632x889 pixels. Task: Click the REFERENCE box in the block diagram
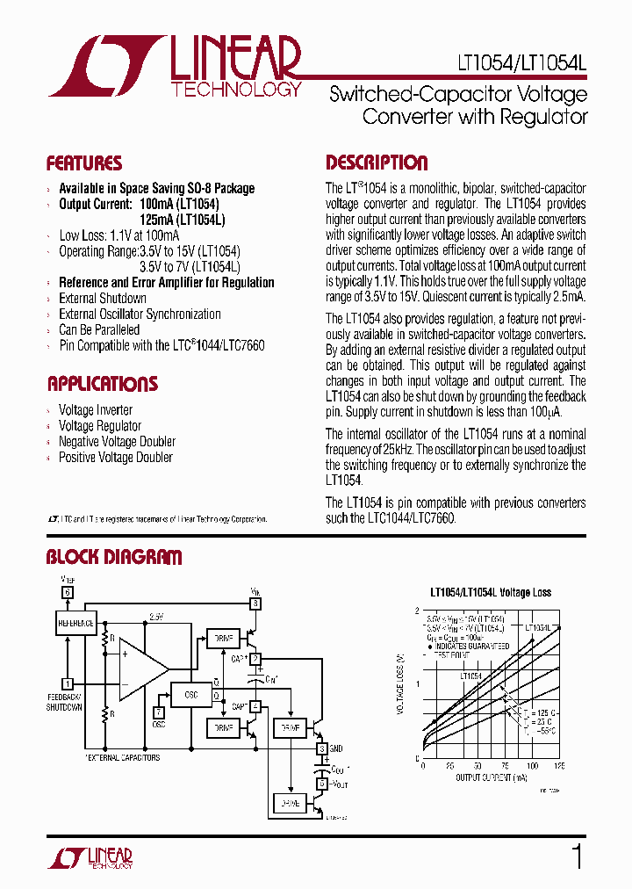pyautogui.click(x=75, y=623)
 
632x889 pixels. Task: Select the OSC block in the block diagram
pyautogui.click(x=191, y=694)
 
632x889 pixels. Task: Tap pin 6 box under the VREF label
pyautogui.click(x=67, y=592)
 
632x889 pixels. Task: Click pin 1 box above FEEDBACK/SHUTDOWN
pyautogui.click(x=67, y=683)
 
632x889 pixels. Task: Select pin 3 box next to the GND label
pyautogui.click(x=322, y=748)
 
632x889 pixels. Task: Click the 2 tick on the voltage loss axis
pyautogui.click(x=416, y=610)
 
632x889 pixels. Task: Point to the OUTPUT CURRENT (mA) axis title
pyautogui.click(x=492, y=777)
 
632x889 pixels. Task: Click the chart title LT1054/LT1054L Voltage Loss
pyautogui.click(x=491, y=592)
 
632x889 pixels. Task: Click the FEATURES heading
pyautogui.click(x=84, y=163)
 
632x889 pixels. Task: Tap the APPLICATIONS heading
pyautogui.click(x=102, y=384)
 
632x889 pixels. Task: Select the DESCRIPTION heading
pyautogui.click(x=377, y=163)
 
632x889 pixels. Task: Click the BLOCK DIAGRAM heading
pyautogui.click(x=114, y=557)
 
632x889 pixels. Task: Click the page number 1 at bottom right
pyautogui.click(x=577, y=856)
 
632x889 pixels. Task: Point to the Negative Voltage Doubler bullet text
pyautogui.click(x=117, y=442)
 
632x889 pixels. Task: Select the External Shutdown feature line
pyautogui.click(x=103, y=299)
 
